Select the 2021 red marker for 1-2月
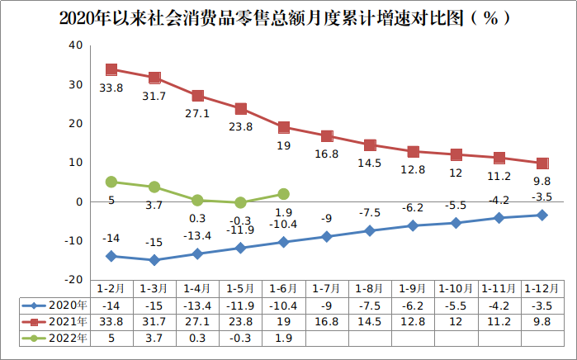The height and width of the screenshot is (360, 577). pos(111,69)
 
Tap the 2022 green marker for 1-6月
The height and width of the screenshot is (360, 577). pos(283,194)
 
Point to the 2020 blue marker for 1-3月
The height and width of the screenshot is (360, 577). pos(154,260)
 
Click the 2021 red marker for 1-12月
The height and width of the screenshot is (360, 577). pos(542,163)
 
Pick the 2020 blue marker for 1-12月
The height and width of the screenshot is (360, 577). pos(542,215)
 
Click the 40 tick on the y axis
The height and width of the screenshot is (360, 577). pos(76,45)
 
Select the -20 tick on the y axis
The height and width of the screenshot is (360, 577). pos(73,279)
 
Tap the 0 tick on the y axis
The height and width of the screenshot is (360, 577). pos(79,201)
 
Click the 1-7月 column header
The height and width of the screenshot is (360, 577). pos(327,288)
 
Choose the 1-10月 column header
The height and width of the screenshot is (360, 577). pos(456,288)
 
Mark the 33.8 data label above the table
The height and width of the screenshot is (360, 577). pos(111,88)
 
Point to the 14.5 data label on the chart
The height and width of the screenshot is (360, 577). pos(369,163)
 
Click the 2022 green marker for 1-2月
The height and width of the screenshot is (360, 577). pos(111,182)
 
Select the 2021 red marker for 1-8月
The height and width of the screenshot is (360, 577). pos(370,145)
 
